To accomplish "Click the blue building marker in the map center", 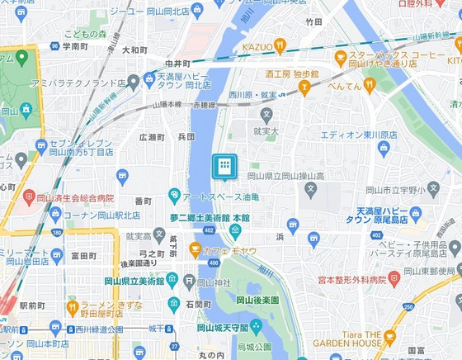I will tap(224, 167).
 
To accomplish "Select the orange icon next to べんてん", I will tap(370, 83).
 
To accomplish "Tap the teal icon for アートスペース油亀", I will tap(174, 197).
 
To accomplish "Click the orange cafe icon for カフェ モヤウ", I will tap(196, 249).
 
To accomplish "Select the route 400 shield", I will tap(214, 263).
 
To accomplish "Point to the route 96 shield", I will tap(55, 46).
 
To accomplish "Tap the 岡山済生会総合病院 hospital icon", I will tap(30, 197).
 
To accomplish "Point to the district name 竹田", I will tap(313, 22).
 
